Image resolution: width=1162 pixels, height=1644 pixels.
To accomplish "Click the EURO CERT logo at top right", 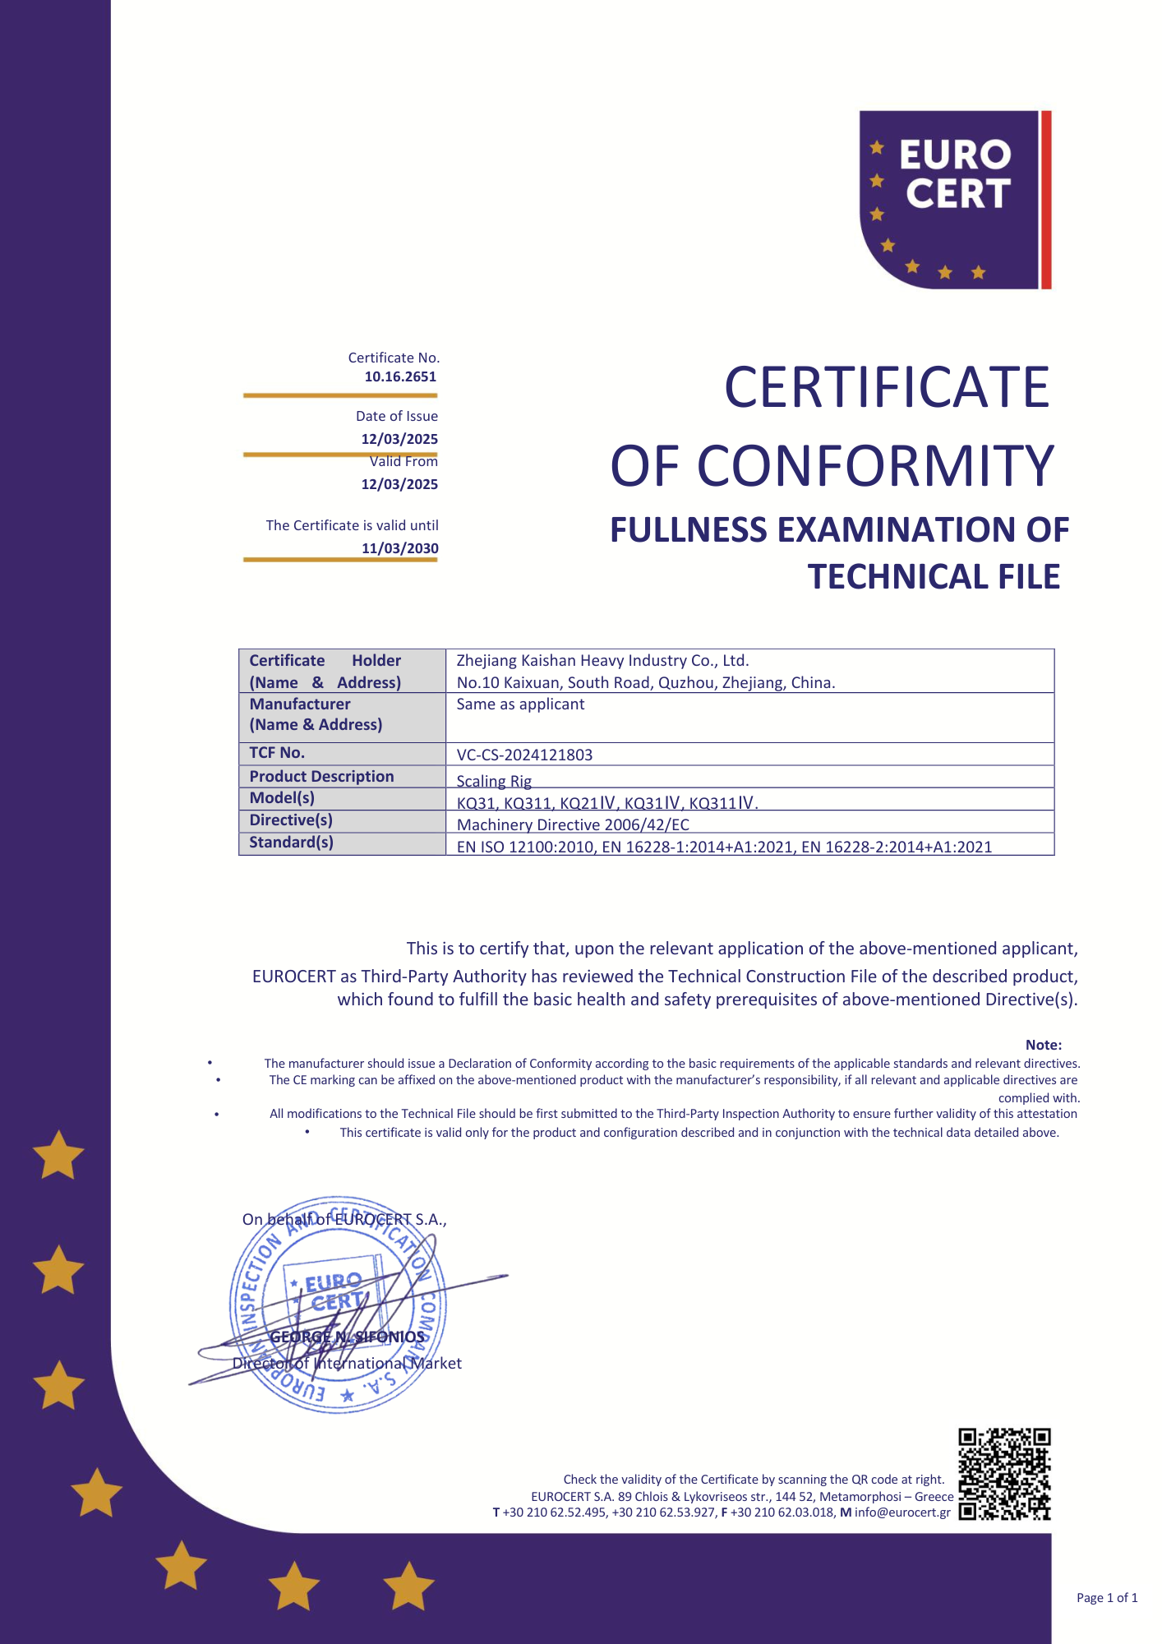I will pos(955,200).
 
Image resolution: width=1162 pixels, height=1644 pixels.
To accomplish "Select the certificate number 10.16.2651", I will pos(400,376).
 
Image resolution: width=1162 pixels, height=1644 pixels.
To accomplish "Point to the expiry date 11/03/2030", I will pos(399,548).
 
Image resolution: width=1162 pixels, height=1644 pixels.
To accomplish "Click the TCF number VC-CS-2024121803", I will pos(524,755).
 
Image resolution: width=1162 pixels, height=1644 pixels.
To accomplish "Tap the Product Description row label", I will pos(321,777).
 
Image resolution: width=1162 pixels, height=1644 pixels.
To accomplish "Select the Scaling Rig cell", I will pos(494,781).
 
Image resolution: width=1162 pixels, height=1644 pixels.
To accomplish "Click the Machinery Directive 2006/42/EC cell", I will pos(573,824).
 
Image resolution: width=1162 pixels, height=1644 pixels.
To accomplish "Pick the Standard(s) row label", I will pos(291,843).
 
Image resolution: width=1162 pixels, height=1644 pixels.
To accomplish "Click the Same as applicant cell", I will pos(520,704).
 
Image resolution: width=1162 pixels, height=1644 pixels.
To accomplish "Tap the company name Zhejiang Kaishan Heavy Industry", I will pos(602,661).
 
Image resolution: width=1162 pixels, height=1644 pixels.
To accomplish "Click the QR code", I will pos(1004,1474).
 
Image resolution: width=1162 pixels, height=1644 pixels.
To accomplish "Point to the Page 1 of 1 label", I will pos(1106,1598).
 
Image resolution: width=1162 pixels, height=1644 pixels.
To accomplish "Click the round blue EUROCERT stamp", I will pos(338,1305).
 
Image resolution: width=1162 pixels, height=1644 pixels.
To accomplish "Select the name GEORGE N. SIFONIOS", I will pos(348,1337).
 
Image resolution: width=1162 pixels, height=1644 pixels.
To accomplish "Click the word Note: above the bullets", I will pos(1043,1045).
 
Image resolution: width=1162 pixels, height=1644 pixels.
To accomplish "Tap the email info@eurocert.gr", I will pos(902,1512).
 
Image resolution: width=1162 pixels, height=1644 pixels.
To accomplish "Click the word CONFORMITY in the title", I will pos(875,466).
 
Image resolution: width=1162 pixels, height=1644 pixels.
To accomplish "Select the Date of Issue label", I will pos(396,417).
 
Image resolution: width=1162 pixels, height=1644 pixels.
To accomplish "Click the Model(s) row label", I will pos(282,798).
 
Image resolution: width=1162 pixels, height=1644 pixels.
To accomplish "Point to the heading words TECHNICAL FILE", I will pos(934,577).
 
